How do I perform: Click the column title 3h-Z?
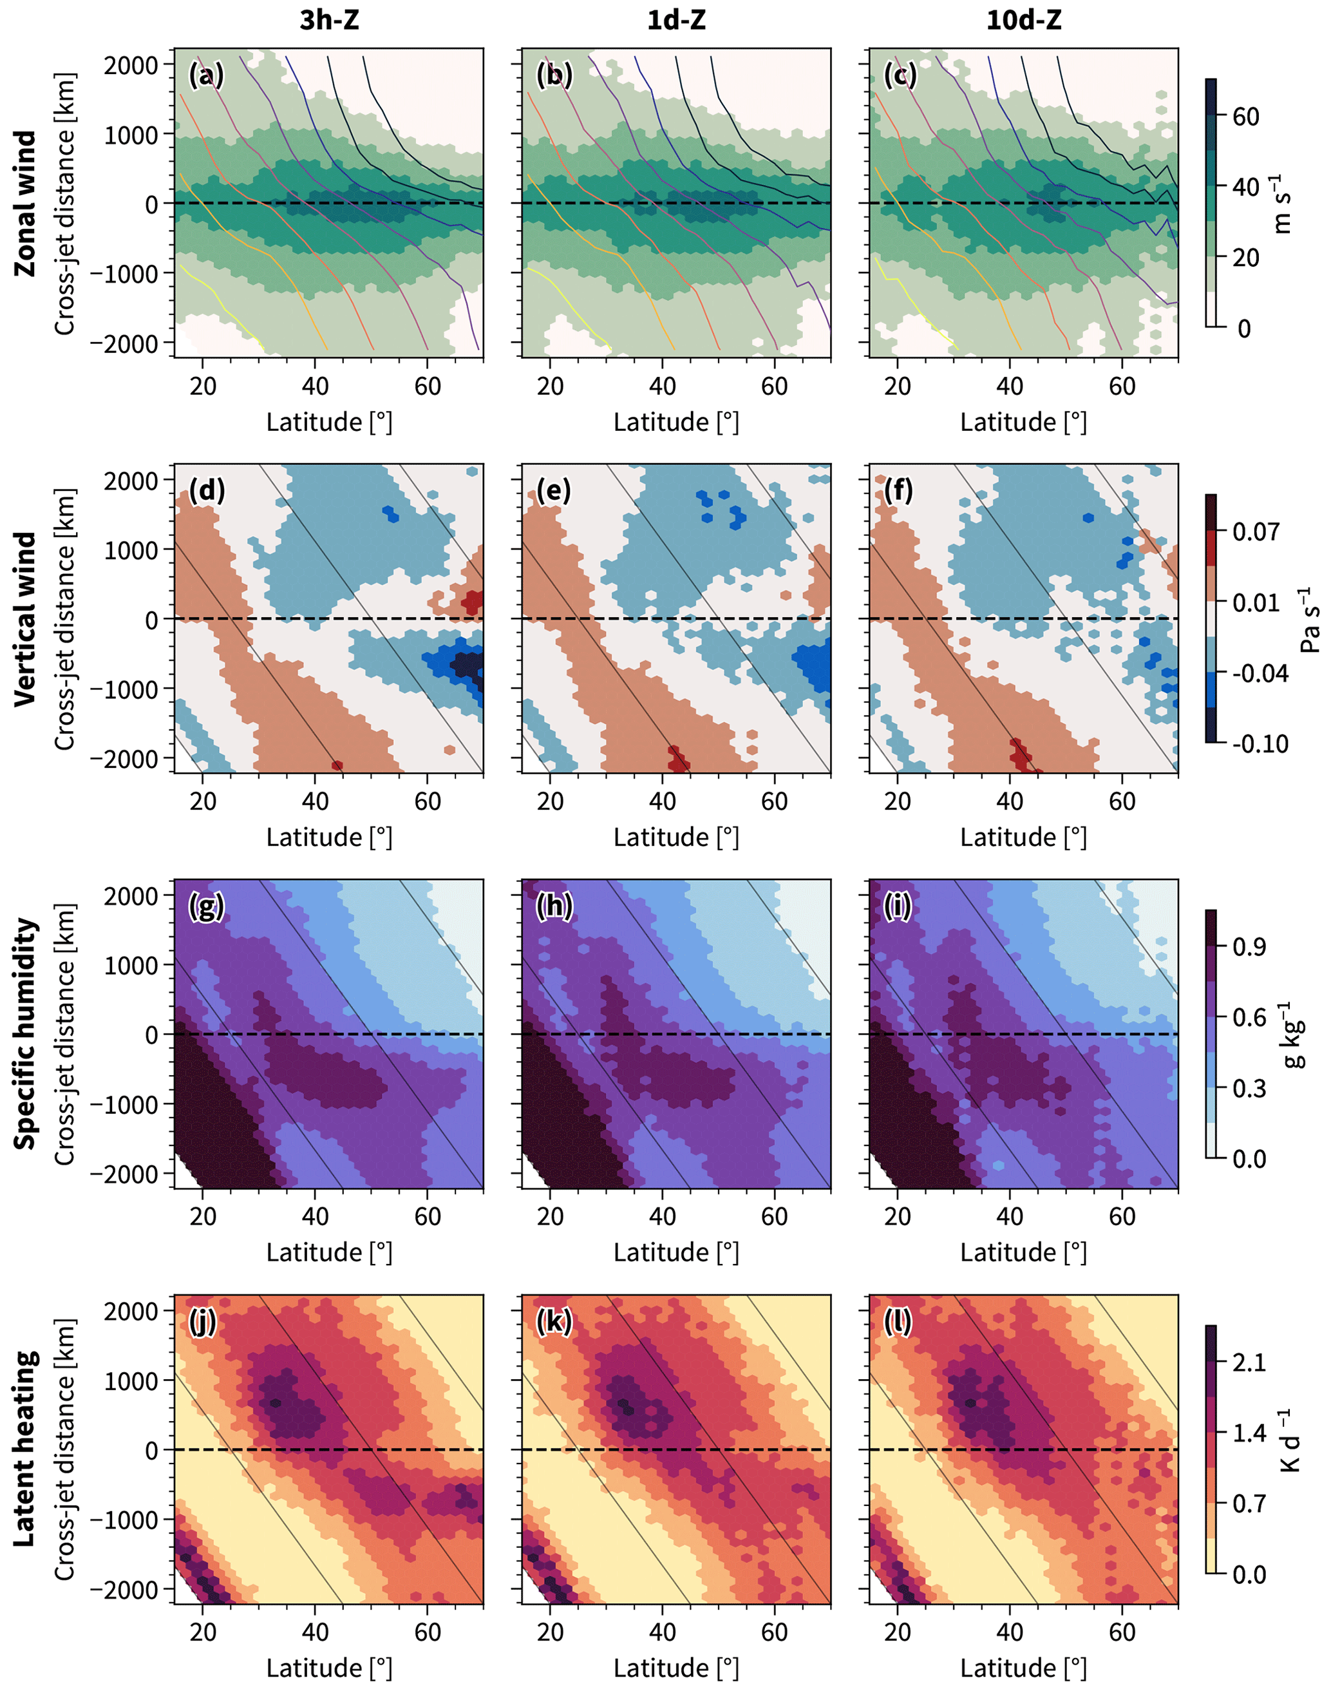[x=329, y=20]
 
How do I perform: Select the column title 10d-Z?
[x=1023, y=20]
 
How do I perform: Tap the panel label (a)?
[x=207, y=75]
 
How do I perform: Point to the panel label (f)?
[x=901, y=490]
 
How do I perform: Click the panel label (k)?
[x=554, y=1321]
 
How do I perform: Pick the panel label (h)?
[x=554, y=906]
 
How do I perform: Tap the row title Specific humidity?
[x=25, y=1033]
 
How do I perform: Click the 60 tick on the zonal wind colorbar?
[x=1245, y=117]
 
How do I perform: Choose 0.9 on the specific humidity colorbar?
[x=1249, y=947]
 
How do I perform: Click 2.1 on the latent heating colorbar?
[x=1249, y=1362]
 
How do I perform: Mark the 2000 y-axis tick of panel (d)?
[x=131, y=481]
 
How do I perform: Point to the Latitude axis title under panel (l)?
[x=1023, y=1667]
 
